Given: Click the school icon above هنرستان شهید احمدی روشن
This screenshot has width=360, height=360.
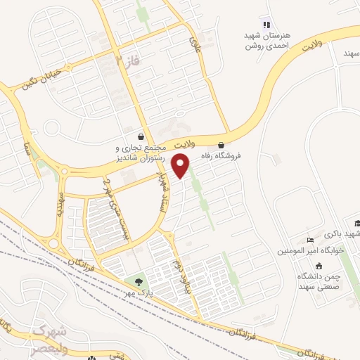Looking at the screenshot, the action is pos(266,25).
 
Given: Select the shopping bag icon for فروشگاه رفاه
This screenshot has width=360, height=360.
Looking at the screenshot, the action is pos(222,146).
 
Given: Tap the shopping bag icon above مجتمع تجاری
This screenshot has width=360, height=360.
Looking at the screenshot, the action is pos(141,136).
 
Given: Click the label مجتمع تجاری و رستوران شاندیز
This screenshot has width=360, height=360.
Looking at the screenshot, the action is pos(143,153).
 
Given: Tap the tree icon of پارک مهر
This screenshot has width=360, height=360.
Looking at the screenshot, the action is pos(137,283).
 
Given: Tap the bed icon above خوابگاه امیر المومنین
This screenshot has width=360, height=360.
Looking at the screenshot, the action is pos(311,240).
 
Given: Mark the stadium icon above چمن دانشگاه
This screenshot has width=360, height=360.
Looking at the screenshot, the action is pos(319,266).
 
